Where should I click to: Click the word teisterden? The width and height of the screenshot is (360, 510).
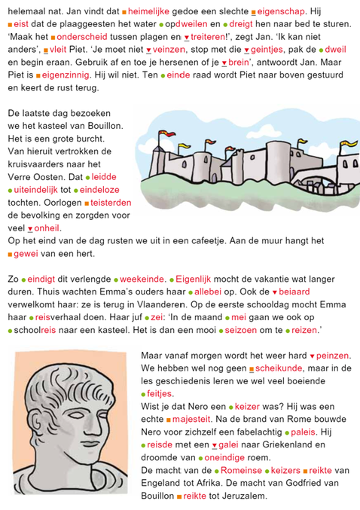(x=111, y=203)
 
